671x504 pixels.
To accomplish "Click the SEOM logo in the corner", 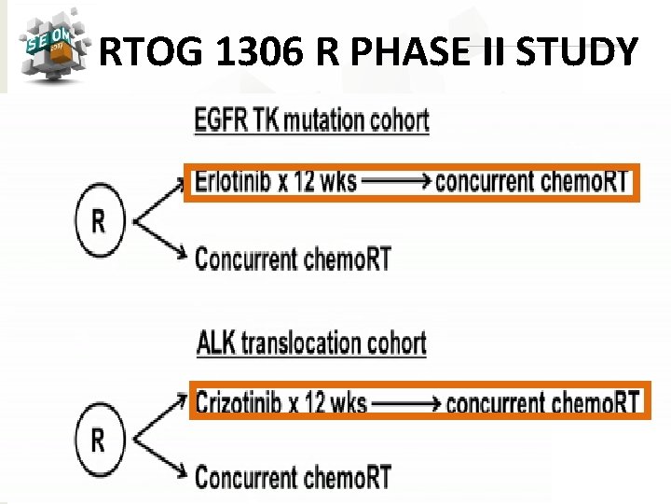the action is pyautogui.click(x=48, y=46).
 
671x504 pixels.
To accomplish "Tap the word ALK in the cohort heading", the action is pyautogui.click(x=216, y=343).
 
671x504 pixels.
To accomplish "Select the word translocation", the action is pyautogui.click(x=299, y=343).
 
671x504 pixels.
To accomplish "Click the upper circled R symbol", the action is pyautogui.click(x=98, y=221).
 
